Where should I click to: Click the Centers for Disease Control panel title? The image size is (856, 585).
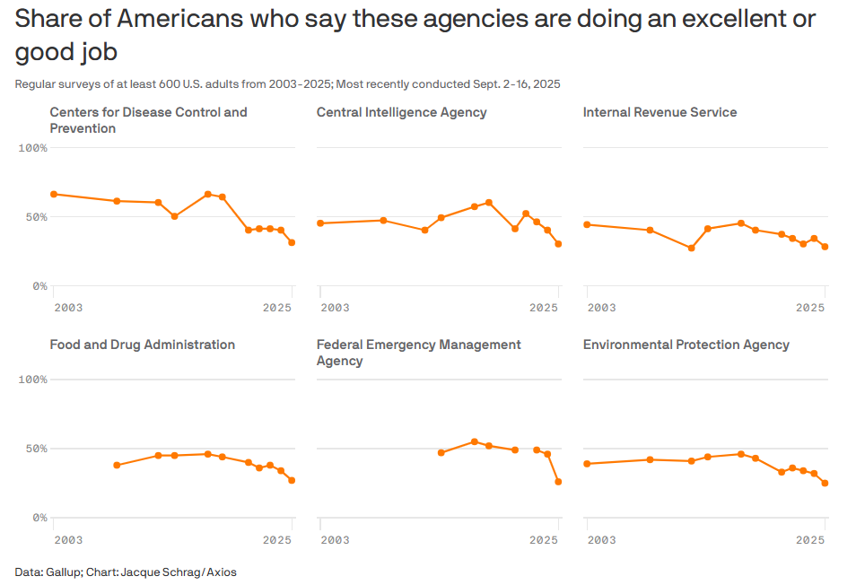coord(148,120)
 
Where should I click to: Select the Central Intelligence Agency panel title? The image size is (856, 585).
coord(401,112)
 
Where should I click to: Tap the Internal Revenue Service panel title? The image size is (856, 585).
coord(659,112)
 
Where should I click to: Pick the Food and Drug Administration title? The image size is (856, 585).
coord(142,345)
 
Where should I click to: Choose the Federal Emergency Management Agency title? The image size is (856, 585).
coord(418,353)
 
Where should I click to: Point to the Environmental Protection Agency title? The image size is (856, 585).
coord(686,345)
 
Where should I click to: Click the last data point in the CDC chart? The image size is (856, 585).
coord(292,242)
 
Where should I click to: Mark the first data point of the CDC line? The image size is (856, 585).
coord(54,194)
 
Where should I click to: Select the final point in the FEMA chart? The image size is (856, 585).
coord(558,482)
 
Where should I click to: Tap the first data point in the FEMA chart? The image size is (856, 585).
coord(441,452)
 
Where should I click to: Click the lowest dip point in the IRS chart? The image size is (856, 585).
coord(691,248)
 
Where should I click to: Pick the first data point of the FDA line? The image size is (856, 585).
coord(117,465)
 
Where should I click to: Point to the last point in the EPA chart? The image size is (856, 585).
coord(825,483)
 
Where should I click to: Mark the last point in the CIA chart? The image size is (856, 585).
coord(558,243)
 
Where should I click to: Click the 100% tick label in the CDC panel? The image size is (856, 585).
coord(32,147)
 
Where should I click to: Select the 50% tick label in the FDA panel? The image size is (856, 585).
coord(36,449)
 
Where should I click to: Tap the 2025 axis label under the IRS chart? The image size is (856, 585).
coord(810,308)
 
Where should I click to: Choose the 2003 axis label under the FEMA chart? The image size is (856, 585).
coord(335,539)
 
